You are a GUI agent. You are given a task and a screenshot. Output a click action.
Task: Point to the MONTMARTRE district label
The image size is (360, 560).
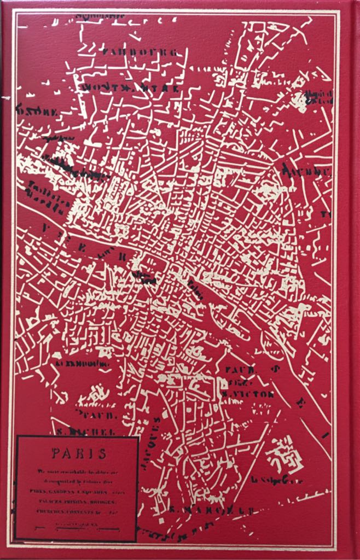pos(130,87)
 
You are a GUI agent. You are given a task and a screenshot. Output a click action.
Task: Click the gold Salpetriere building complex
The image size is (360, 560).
pos(284,454)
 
